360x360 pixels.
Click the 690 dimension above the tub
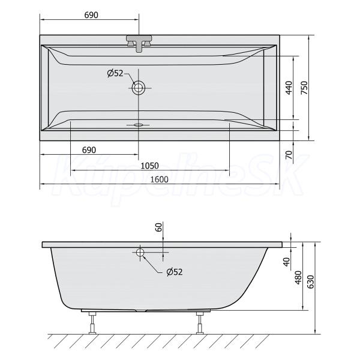pyautogui.click(x=91, y=15)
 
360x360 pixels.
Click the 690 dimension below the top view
pyautogui.click(x=89, y=150)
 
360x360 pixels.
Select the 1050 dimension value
pyautogui.click(x=149, y=166)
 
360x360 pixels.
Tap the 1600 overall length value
pyautogui.click(x=159, y=179)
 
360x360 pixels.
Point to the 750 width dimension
pyautogui.click(x=304, y=88)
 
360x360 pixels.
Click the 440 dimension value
pyautogui.click(x=289, y=88)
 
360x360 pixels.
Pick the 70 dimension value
pyautogui.click(x=289, y=155)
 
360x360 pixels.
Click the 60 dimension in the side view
pyautogui.click(x=159, y=227)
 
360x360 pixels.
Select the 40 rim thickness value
pyautogui.click(x=287, y=262)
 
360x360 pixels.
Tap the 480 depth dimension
pyautogui.click(x=298, y=278)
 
